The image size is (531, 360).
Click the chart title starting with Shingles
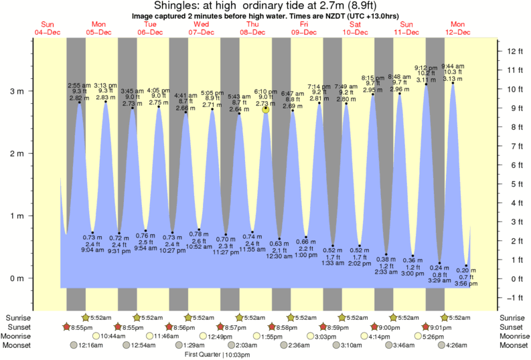point(266,5)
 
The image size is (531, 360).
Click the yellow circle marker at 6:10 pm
point(266,108)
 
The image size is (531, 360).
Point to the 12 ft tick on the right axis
point(514,51)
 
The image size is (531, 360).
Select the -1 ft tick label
point(514,298)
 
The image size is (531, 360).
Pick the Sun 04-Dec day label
point(48,28)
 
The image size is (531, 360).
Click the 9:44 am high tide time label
point(453,66)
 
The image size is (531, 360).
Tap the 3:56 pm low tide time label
point(466,284)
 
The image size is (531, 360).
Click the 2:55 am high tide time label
point(79,85)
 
